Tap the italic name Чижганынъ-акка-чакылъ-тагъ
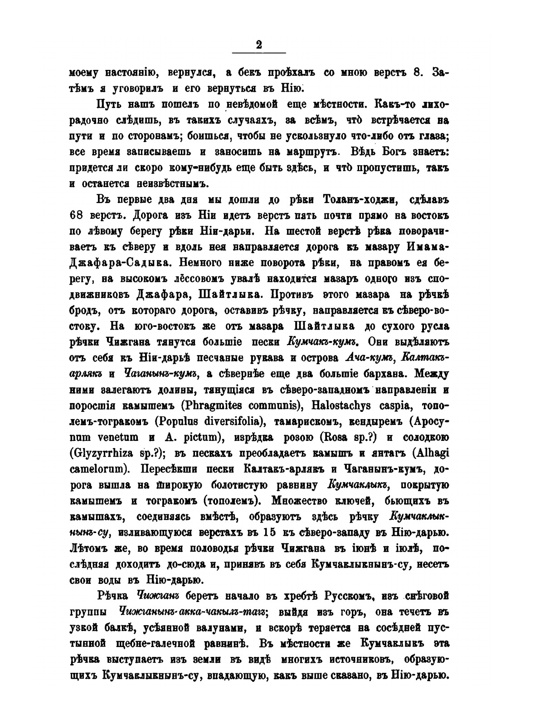click(x=193, y=611)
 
